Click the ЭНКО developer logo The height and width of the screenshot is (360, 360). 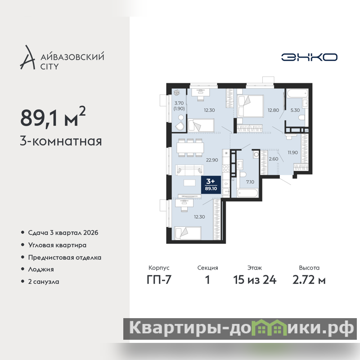[309, 57]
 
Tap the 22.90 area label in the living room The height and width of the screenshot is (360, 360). [211, 160]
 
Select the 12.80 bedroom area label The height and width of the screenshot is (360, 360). [273, 110]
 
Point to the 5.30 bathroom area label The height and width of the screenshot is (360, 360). [295, 110]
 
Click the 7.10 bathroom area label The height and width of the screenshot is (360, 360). [250, 182]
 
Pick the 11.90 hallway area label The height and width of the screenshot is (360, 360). [293, 153]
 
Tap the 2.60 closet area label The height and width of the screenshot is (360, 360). [274, 159]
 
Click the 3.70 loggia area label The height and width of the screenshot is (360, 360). [179, 103]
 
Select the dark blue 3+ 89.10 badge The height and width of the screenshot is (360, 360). [211, 185]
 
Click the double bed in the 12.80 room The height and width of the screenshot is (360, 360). [251, 106]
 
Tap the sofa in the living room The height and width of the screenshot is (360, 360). [189, 170]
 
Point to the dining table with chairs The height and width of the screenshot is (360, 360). [190, 148]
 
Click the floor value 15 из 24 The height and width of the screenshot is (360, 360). [255, 280]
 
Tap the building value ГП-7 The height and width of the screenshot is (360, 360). [159, 280]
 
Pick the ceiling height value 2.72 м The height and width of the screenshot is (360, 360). [309, 280]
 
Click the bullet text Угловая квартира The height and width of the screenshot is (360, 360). [57, 245]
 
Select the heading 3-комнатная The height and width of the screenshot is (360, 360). [61, 141]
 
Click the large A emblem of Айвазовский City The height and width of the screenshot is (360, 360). [27, 58]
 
